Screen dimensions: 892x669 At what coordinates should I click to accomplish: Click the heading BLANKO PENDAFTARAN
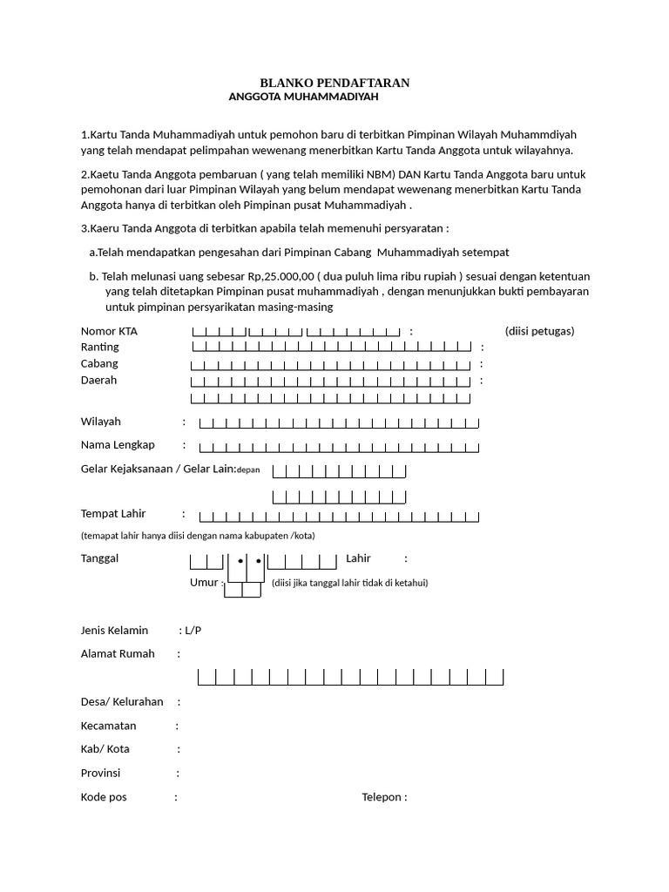334,82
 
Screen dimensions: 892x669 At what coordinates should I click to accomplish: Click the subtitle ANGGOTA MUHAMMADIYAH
302,98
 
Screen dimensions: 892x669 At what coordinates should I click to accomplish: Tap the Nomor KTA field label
109,331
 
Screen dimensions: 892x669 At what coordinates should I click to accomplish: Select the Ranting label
99,348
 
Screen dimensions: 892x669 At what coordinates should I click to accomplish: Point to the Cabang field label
99,363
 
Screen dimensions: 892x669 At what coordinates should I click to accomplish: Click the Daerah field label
98,381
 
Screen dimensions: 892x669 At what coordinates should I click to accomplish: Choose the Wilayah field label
100,422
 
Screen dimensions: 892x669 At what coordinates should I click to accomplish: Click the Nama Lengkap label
118,445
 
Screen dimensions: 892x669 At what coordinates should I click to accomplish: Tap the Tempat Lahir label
113,514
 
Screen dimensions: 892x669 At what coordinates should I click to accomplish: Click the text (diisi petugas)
539,331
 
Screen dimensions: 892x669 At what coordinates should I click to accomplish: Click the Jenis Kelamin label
114,630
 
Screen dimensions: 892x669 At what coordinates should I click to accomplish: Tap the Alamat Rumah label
118,653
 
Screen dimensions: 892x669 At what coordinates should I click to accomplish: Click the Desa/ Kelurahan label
122,701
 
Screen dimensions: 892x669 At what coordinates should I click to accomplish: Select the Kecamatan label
109,726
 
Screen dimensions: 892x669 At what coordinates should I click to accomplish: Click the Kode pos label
104,797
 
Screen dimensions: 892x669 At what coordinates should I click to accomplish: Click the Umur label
204,583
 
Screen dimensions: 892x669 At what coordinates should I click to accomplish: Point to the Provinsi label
100,774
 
